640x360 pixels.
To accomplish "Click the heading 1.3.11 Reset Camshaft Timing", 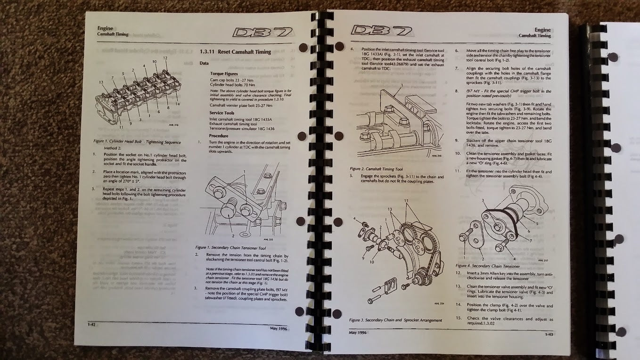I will pyautogui.click(x=235, y=51).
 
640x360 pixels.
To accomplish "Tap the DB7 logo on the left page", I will pyautogui.click(x=263, y=33).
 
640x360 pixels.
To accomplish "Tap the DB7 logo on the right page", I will pyautogui.click(x=382, y=31).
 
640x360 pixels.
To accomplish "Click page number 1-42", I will pyautogui.click(x=92, y=324).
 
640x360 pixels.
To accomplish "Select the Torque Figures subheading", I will pyautogui.click(x=224, y=74).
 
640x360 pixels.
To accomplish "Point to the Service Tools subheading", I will pyautogui.click(x=222, y=113).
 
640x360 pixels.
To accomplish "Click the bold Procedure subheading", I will pyautogui.click(x=219, y=136).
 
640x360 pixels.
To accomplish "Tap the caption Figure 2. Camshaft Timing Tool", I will pyautogui.click(x=376, y=169).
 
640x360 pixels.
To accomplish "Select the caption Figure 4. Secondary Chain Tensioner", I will pyautogui.click(x=487, y=266).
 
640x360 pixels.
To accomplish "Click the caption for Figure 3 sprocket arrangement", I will pyautogui.click(x=395, y=320).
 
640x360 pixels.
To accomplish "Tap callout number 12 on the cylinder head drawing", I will pyautogui.click(x=165, y=58).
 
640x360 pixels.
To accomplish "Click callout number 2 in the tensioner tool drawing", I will pyautogui.click(x=232, y=235).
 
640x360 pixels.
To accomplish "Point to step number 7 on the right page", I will pyautogui.click(x=457, y=68).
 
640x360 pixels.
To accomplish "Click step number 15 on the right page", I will pyautogui.click(x=458, y=318).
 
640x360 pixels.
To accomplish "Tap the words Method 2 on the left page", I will pyautogui.click(x=113, y=147).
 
